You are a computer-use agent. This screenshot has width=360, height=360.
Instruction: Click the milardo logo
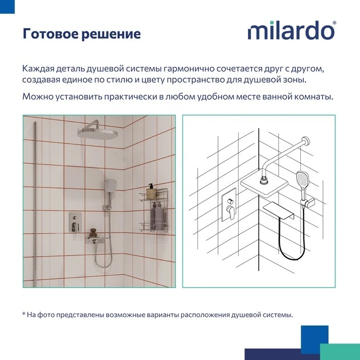[x=292, y=30]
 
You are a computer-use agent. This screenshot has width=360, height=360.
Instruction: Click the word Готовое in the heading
[x=50, y=34]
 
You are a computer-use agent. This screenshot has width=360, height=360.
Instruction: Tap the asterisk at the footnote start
[x=24, y=313]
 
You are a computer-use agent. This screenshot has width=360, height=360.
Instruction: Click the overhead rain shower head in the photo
[x=98, y=132]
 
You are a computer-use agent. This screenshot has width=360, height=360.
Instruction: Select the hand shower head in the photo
[x=111, y=185]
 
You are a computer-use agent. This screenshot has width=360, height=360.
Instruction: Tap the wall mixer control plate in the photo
[x=75, y=223]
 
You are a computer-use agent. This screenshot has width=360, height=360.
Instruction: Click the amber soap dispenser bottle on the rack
[x=151, y=191]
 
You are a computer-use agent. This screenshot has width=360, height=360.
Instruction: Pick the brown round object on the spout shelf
[x=93, y=233]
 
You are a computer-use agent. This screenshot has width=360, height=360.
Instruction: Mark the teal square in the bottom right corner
[x=340, y=352]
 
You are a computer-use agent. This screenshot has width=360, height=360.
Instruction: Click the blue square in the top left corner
[x=7, y=7]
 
